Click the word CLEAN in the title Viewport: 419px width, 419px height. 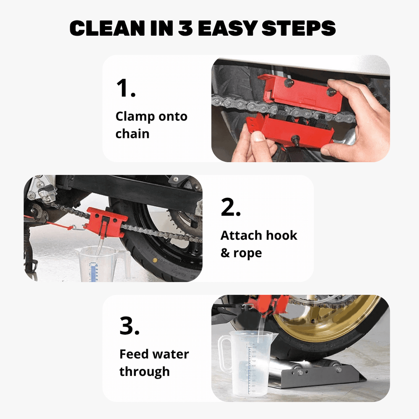pos(107,28)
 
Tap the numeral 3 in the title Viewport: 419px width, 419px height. pos(185,28)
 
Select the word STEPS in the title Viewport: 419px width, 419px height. pos(298,28)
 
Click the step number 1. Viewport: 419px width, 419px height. pos(126,88)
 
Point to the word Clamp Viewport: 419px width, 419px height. pos(135,117)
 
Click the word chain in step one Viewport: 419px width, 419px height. pos(132,133)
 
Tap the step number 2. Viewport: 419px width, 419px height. pos(230,207)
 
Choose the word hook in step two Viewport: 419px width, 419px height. pos(282,235)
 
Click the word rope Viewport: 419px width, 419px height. pos(248,253)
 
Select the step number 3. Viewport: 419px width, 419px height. pos(129,326)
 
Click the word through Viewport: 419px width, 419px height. pos(144,372)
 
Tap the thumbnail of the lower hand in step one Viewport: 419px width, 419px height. pos(258,137)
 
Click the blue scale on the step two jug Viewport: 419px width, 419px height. pos(93,272)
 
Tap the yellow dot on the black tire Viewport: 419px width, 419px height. pos(155,260)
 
